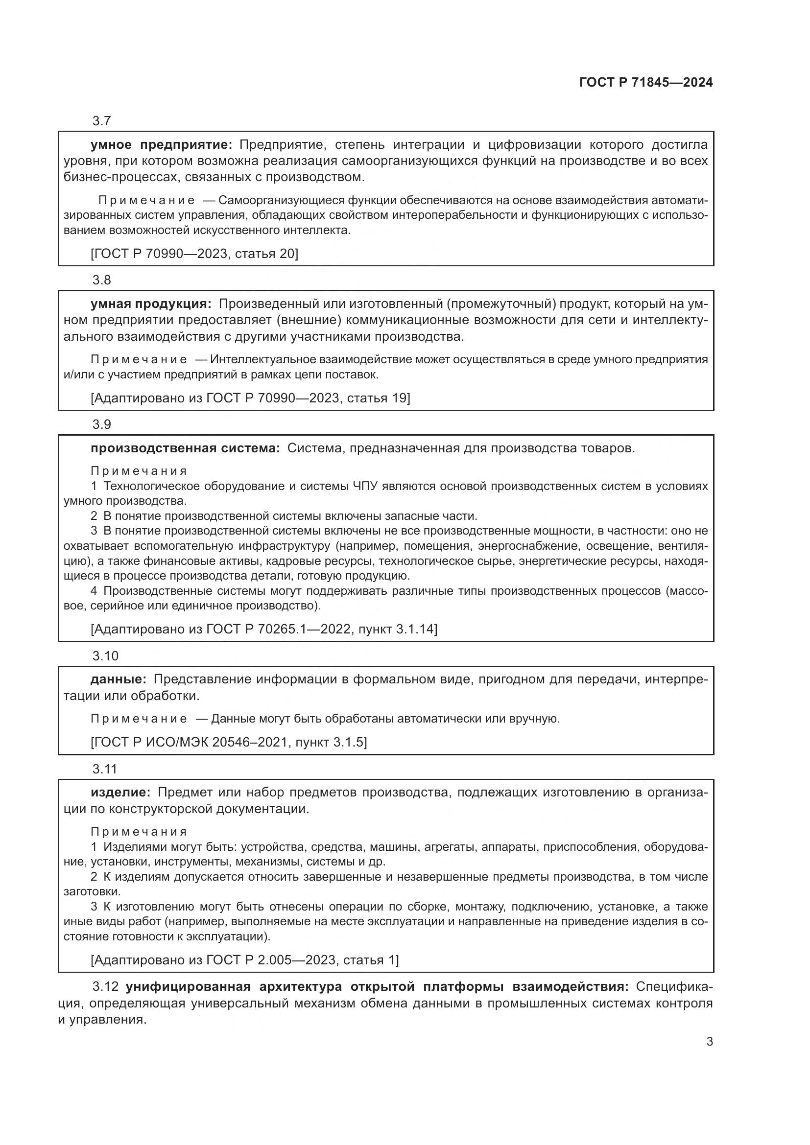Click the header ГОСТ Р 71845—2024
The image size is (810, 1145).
pos(646,83)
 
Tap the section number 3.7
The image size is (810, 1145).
pos(101,121)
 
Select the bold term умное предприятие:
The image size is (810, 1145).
pos(161,145)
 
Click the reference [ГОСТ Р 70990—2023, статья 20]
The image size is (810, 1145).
pos(194,254)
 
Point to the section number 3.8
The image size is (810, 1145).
pos(101,280)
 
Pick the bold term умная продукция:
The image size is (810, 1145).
pos(151,304)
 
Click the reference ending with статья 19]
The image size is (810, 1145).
pos(250,398)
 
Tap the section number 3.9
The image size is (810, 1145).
pos(101,425)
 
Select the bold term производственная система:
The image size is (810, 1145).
pos(185,448)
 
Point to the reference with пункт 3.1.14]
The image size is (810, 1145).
pos(263,629)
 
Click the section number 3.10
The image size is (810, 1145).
pos(105,656)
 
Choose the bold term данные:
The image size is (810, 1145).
pos(118,679)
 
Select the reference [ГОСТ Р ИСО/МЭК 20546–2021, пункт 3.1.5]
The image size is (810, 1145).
pos(228,742)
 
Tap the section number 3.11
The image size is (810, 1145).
pos(105,769)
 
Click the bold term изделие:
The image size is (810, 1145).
pos(120,793)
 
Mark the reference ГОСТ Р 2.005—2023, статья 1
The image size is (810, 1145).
pos(244,959)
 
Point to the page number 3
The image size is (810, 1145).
pos(709,1042)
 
